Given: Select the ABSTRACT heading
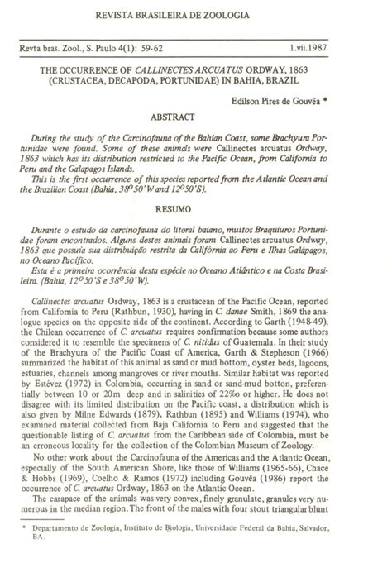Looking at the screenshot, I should point(195,118).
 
